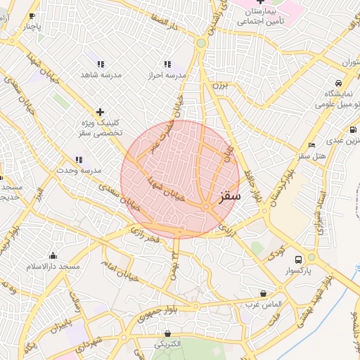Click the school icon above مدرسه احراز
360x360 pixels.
click(167, 64)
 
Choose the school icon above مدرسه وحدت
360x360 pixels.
click(79, 160)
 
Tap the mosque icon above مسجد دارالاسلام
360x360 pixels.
click(53, 255)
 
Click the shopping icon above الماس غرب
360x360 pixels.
click(263, 293)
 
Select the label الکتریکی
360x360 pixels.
click(168, 344)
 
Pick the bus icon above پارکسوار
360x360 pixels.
click(299, 259)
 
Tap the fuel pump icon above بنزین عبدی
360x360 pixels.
click(352, 129)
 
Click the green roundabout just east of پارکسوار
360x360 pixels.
click(311, 257)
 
